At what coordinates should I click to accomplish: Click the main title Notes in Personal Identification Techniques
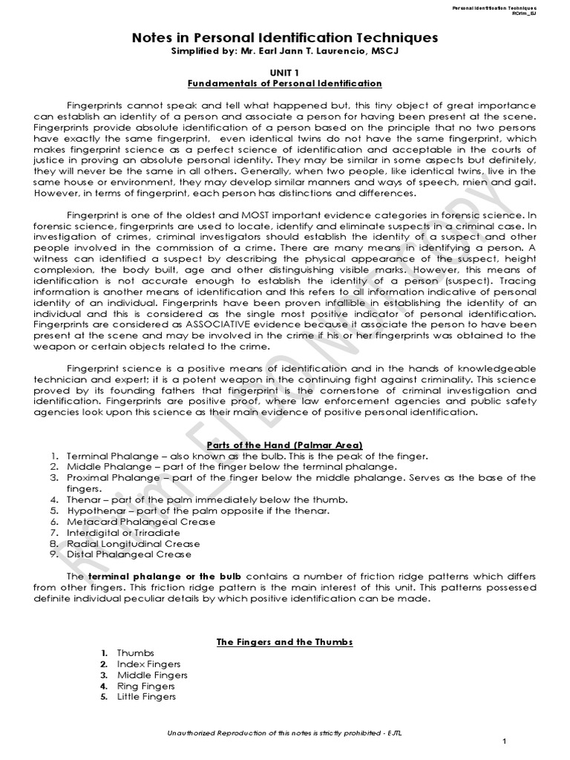284,37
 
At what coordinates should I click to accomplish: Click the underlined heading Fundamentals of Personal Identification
284,84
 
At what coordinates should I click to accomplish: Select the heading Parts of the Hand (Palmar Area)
284,443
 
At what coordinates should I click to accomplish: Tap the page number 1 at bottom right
504,742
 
